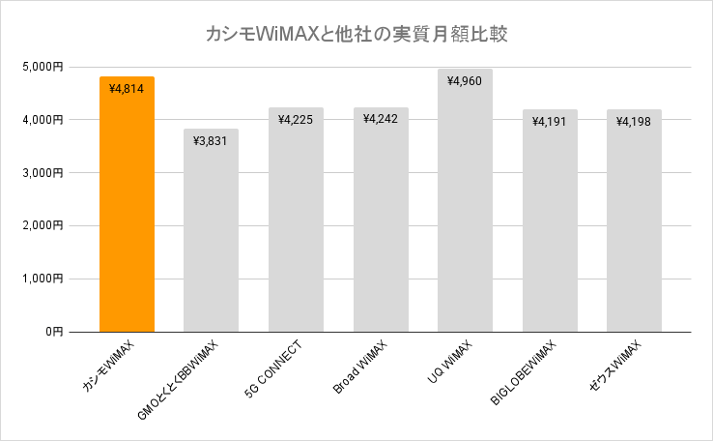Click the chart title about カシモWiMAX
(356, 34)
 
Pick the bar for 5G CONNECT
(296, 222)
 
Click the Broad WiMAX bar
(381, 222)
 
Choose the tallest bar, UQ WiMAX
(465, 203)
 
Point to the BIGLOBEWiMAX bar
(550, 222)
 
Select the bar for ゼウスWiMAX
(635, 222)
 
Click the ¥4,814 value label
(127, 89)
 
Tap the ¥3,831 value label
(211, 141)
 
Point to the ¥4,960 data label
(465, 81)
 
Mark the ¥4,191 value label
(550, 122)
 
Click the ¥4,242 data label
(381, 119)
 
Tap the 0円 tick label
(52, 332)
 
